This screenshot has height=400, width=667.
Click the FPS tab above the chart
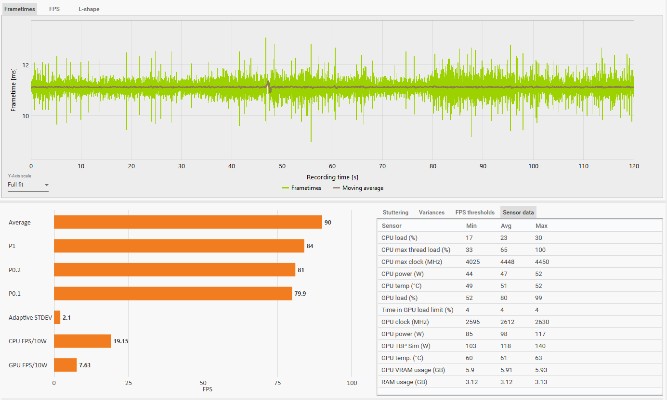54,9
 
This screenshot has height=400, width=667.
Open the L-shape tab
89,9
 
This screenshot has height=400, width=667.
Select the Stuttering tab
395,212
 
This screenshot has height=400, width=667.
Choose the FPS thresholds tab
475,212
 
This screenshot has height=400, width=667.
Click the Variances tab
432,212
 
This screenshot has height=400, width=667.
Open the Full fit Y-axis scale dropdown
28,185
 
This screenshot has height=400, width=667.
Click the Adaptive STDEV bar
57,317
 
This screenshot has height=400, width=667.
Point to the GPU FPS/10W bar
65,365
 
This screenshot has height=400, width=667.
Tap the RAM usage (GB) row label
404,382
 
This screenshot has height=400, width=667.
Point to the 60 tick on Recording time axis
332,166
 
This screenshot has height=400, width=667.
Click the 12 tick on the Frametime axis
26,65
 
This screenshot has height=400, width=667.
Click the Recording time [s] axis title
332,177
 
